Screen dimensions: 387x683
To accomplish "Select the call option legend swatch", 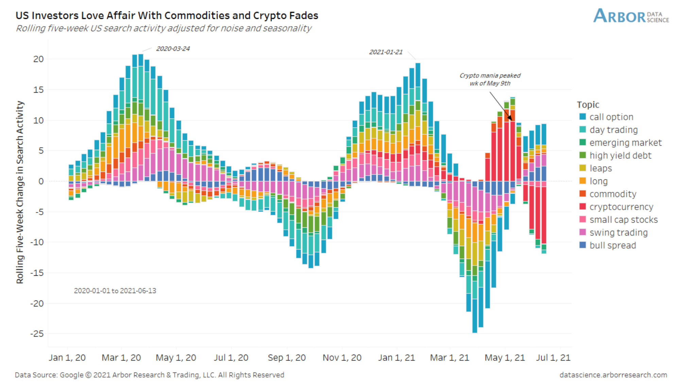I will point(583,117).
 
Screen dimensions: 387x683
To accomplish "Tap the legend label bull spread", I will point(612,245).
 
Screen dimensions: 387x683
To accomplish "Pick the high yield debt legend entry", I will point(620,156).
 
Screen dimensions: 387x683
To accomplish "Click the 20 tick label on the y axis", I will point(38,59).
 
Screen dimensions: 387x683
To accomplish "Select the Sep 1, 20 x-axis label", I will point(287,358).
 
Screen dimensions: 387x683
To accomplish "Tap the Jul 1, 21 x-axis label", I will point(553,358).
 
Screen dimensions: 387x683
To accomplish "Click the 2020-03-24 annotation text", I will point(173,49).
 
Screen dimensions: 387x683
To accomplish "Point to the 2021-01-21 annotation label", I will point(386,52).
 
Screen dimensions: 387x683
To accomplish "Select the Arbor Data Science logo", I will point(631,16).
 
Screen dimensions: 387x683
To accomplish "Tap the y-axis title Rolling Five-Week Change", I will point(20,192).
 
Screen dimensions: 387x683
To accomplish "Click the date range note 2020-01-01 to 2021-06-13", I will point(115,291).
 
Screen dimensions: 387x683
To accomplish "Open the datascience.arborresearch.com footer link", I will point(613,375).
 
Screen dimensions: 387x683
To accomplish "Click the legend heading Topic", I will point(588,104).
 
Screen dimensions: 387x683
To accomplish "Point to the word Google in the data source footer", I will point(71,375).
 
